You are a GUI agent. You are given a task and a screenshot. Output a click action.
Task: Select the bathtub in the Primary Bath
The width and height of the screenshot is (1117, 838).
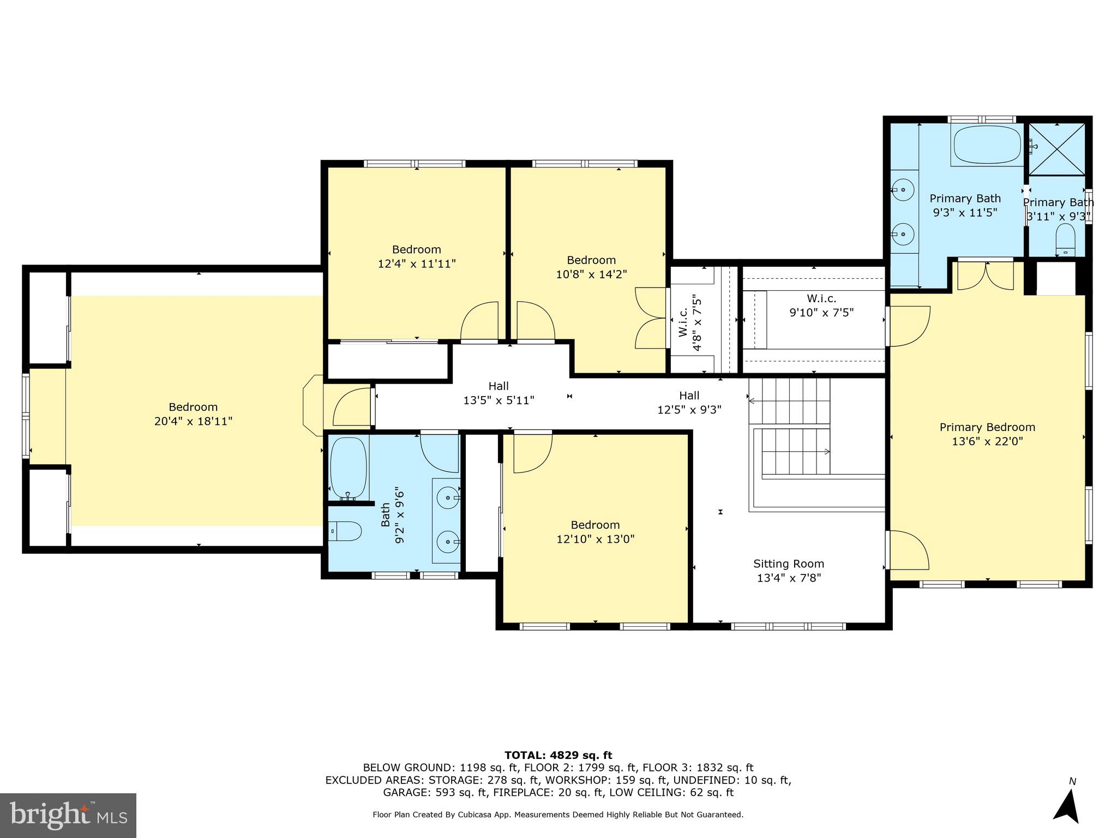pyautogui.click(x=987, y=145)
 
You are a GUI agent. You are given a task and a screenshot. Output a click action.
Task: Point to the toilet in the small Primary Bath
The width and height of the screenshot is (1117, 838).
pyautogui.click(x=1065, y=241)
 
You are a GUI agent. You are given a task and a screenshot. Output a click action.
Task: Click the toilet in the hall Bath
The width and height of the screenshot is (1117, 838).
pyautogui.click(x=346, y=531)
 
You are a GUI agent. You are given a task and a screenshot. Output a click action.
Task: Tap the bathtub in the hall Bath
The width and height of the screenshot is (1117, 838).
pyautogui.click(x=348, y=468)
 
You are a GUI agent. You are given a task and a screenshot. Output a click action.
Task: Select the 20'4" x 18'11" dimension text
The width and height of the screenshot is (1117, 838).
pyautogui.click(x=193, y=422)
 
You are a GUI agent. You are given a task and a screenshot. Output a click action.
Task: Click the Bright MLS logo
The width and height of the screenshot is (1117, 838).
pyautogui.click(x=68, y=815)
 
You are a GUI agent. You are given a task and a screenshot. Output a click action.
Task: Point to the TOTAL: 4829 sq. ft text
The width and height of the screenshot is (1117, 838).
pyautogui.click(x=558, y=756)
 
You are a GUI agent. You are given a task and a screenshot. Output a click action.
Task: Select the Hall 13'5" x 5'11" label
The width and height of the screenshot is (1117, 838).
pyautogui.click(x=499, y=393)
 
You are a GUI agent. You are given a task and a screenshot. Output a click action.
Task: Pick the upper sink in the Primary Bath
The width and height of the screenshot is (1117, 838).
pyautogui.click(x=903, y=190)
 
